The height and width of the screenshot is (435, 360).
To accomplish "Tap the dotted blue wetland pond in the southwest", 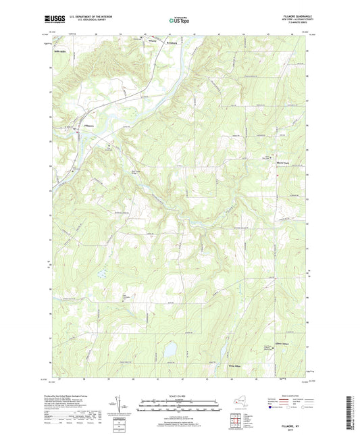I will [101, 274].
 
